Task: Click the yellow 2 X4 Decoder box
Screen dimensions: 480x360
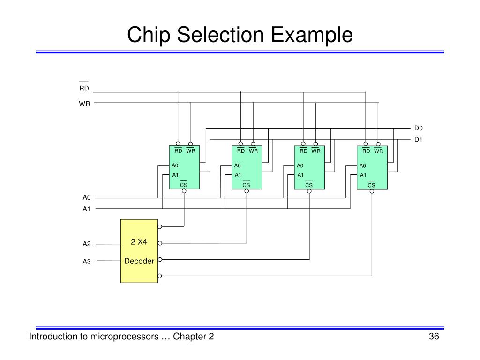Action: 139,251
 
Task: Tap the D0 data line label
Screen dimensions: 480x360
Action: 418,128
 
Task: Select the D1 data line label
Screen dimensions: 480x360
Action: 418,140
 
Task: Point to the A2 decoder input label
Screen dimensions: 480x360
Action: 87,244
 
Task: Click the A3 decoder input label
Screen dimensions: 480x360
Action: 87,262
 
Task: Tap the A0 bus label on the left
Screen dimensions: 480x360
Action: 87,197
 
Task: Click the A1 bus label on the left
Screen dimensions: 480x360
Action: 87,209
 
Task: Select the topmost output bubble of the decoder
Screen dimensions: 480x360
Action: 160,227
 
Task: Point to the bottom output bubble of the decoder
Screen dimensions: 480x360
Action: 160,276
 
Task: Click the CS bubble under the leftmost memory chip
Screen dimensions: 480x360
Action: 184,191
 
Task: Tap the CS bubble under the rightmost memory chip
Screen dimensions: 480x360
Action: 372,191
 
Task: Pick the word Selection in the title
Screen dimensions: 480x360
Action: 220,34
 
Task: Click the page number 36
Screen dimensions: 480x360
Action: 434,337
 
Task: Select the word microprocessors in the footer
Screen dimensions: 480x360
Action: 125,337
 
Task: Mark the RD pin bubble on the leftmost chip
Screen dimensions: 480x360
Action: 178,143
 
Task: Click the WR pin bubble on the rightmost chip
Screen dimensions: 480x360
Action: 378,144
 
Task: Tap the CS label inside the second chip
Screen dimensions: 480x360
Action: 246,184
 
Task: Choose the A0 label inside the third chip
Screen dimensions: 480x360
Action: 300,165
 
